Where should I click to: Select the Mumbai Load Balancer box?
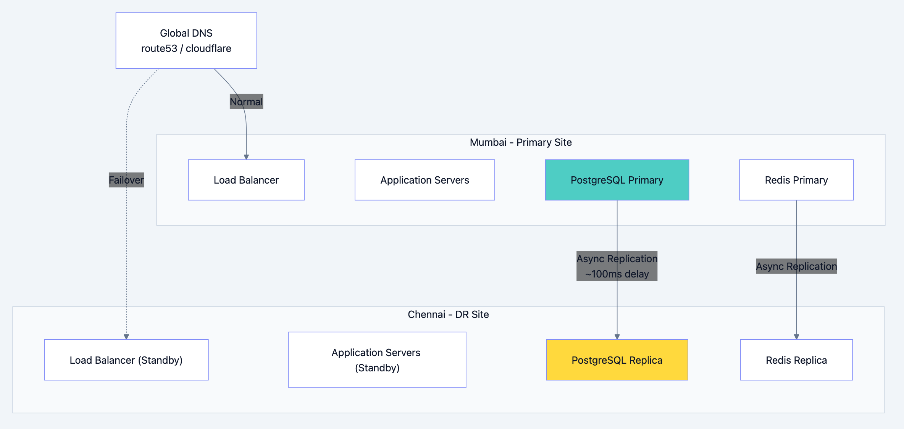tap(246, 180)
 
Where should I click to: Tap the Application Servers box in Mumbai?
tap(425, 180)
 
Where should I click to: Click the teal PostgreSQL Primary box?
tap(617, 180)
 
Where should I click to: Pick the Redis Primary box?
tap(796, 180)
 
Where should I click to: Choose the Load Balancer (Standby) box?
tap(126, 360)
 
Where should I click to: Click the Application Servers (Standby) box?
tap(377, 360)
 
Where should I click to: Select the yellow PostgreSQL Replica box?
tap(617, 360)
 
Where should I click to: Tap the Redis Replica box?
tap(796, 360)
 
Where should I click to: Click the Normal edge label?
tap(246, 102)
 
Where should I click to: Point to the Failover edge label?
tap(126, 180)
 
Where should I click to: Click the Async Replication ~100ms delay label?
tap(617, 266)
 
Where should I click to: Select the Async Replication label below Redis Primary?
tap(796, 266)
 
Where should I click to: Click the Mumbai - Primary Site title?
tap(521, 142)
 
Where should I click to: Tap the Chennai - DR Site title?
tap(448, 314)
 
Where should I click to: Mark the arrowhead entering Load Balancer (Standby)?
tap(126, 337)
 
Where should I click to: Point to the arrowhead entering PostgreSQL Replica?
tap(617, 337)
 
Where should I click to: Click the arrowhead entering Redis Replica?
tap(796, 337)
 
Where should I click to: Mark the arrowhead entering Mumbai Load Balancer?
tap(246, 157)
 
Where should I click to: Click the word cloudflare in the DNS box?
tap(208, 48)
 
